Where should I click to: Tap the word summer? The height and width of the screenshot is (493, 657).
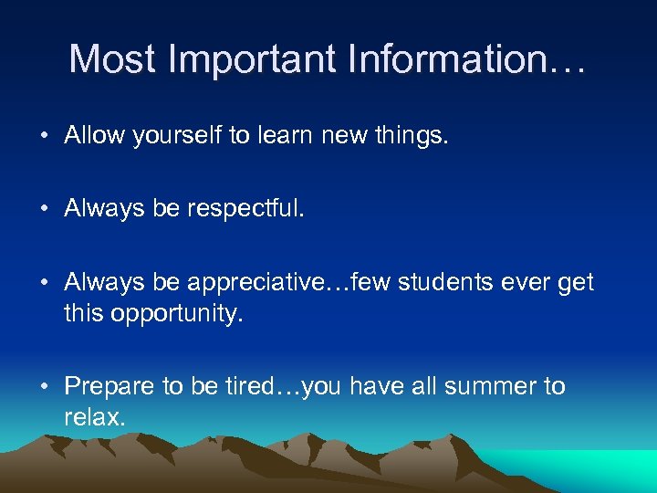pyautogui.click(x=494, y=386)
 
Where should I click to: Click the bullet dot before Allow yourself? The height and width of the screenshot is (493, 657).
pyautogui.click(x=45, y=136)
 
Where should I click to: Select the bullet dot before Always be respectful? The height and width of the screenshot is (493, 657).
pyautogui.click(x=45, y=209)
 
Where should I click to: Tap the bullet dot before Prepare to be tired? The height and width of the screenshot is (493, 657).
pyautogui.click(x=45, y=387)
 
